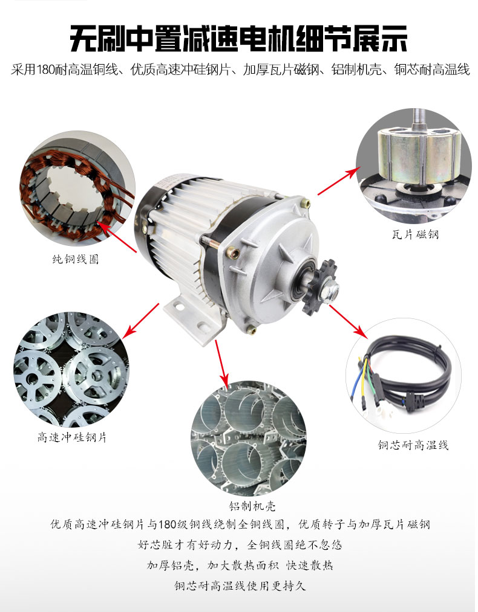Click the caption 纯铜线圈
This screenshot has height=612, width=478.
[76, 259]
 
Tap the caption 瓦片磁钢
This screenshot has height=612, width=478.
[415, 234]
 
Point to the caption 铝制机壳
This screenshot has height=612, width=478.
[252, 506]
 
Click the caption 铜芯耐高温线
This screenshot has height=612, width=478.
[413, 445]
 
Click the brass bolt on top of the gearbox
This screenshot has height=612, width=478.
[305, 203]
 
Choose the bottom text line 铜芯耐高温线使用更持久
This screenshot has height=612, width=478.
[240, 585]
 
